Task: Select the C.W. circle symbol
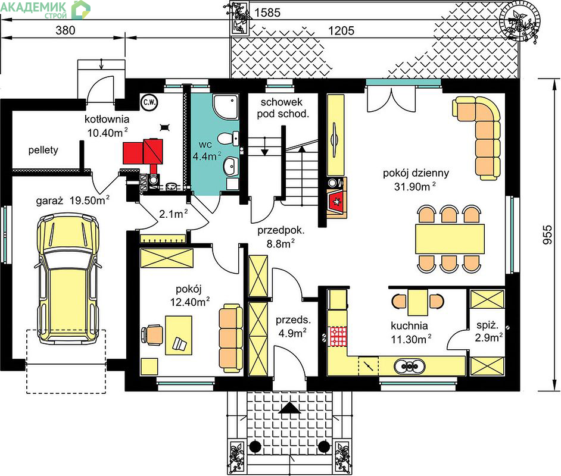[x=149, y=102]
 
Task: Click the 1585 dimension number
[x=267, y=12]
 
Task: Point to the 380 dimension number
[x=66, y=30]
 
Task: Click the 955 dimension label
[x=548, y=234]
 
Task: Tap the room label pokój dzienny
[x=416, y=173]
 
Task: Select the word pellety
[x=43, y=150]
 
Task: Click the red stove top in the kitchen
[x=338, y=336]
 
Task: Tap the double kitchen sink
[x=410, y=366]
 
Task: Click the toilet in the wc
[x=227, y=138]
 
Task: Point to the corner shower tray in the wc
[x=225, y=107]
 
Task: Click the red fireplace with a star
[x=336, y=202]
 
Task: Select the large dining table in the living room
[x=450, y=239]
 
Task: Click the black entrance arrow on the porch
[x=290, y=408]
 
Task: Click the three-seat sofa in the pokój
[x=230, y=337]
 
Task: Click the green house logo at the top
[x=81, y=10]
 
